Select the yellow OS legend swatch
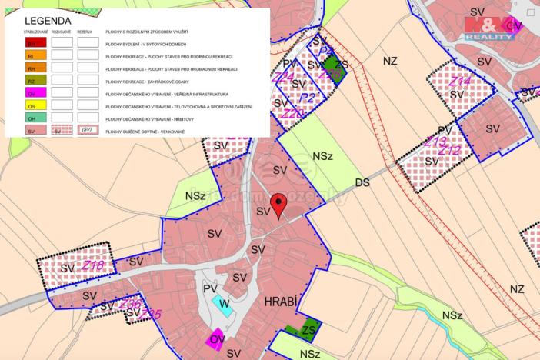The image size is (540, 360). (32, 105)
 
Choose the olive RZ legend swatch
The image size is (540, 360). (32, 80)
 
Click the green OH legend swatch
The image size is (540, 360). (32, 118)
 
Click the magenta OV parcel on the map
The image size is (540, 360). (215, 339)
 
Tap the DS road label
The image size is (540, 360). (362, 182)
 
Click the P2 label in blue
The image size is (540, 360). (308, 98)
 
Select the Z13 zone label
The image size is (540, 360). (435, 142)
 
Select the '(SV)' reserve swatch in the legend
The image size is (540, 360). (88, 131)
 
